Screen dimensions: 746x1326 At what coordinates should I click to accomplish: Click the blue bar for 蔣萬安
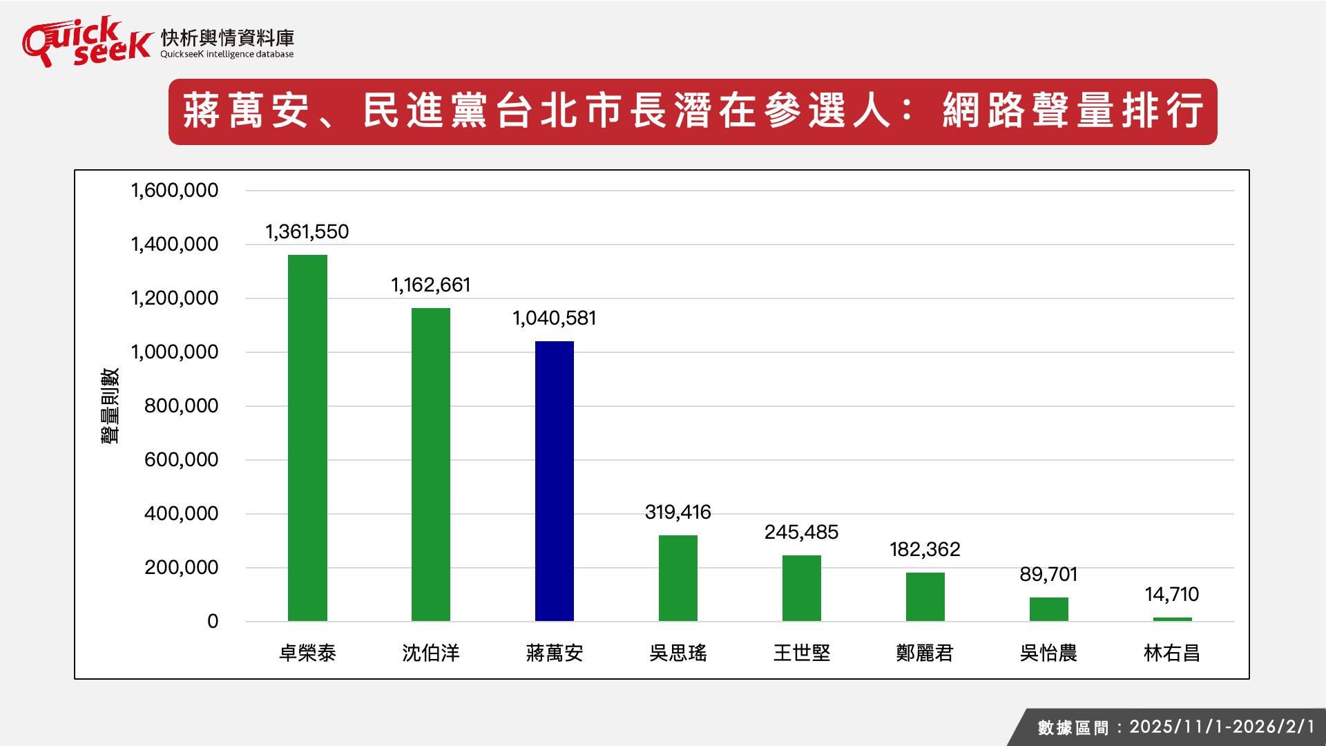click(x=554, y=481)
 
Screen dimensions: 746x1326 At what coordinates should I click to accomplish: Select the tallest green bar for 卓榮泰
click(x=307, y=438)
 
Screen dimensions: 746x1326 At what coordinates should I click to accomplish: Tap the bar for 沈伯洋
click(x=430, y=464)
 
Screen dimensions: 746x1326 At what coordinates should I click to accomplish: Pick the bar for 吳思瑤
click(x=678, y=578)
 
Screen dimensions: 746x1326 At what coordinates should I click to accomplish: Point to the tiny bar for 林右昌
click(x=1172, y=619)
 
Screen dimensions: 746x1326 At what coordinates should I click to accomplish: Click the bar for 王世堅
click(x=801, y=588)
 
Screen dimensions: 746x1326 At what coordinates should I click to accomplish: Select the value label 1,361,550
click(x=307, y=232)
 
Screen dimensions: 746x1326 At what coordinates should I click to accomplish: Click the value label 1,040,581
click(x=554, y=318)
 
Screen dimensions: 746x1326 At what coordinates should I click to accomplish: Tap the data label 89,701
click(x=1048, y=575)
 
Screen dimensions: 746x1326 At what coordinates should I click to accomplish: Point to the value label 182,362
click(x=925, y=550)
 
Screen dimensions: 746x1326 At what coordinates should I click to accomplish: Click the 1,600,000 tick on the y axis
click(x=175, y=191)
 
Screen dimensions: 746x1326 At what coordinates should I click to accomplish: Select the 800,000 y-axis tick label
click(x=181, y=406)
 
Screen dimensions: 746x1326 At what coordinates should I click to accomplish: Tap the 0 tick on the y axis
click(x=213, y=622)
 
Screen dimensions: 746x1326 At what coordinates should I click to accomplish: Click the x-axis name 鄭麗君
click(x=925, y=653)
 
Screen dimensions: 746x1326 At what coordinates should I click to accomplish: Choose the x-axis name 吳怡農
click(x=1048, y=653)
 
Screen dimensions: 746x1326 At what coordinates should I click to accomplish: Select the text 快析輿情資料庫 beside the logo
click(x=227, y=37)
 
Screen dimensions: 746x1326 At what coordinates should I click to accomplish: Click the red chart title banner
click(x=692, y=112)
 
